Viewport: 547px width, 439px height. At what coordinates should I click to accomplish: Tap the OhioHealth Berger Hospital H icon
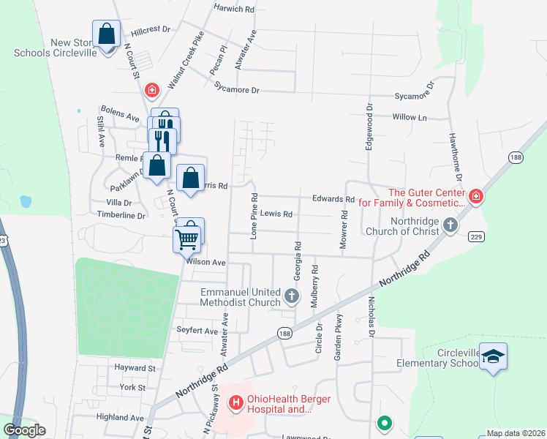[x=235, y=402]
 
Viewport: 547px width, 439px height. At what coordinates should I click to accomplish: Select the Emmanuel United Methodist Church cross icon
[x=292, y=296]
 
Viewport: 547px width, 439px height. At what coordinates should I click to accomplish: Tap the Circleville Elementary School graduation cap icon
[x=494, y=357]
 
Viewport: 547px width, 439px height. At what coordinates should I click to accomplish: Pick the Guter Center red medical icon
[x=476, y=196]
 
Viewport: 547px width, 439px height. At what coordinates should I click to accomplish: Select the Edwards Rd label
[x=333, y=199]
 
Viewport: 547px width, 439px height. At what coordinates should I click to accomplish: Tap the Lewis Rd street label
[x=276, y=214]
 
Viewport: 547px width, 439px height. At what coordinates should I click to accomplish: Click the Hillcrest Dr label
[x=151, y=31]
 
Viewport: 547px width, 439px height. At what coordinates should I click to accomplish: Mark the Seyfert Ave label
[x=197, y=331]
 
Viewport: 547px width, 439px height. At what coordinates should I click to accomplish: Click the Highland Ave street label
[x=120, y=417]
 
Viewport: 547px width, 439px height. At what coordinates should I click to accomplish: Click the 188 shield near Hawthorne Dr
[x=516, y=157]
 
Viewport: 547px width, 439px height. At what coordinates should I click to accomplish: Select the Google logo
[x=24, y=430]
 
